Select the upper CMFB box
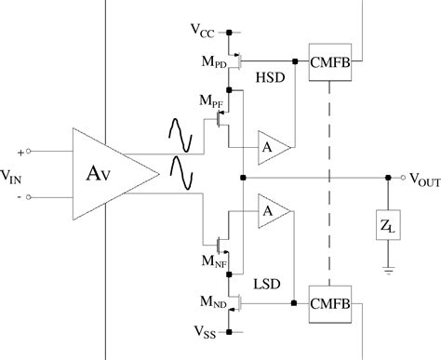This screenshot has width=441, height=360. [x=331, y=62]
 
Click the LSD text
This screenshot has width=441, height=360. [x=267, y=279]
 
